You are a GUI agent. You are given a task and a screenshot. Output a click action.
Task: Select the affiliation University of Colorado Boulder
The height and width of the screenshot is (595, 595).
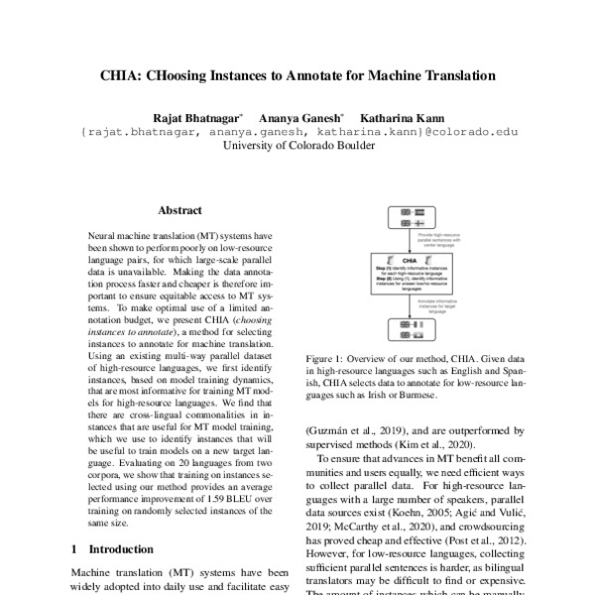(298, 145)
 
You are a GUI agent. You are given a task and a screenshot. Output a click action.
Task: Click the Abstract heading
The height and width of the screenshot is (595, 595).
(179, 210)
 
